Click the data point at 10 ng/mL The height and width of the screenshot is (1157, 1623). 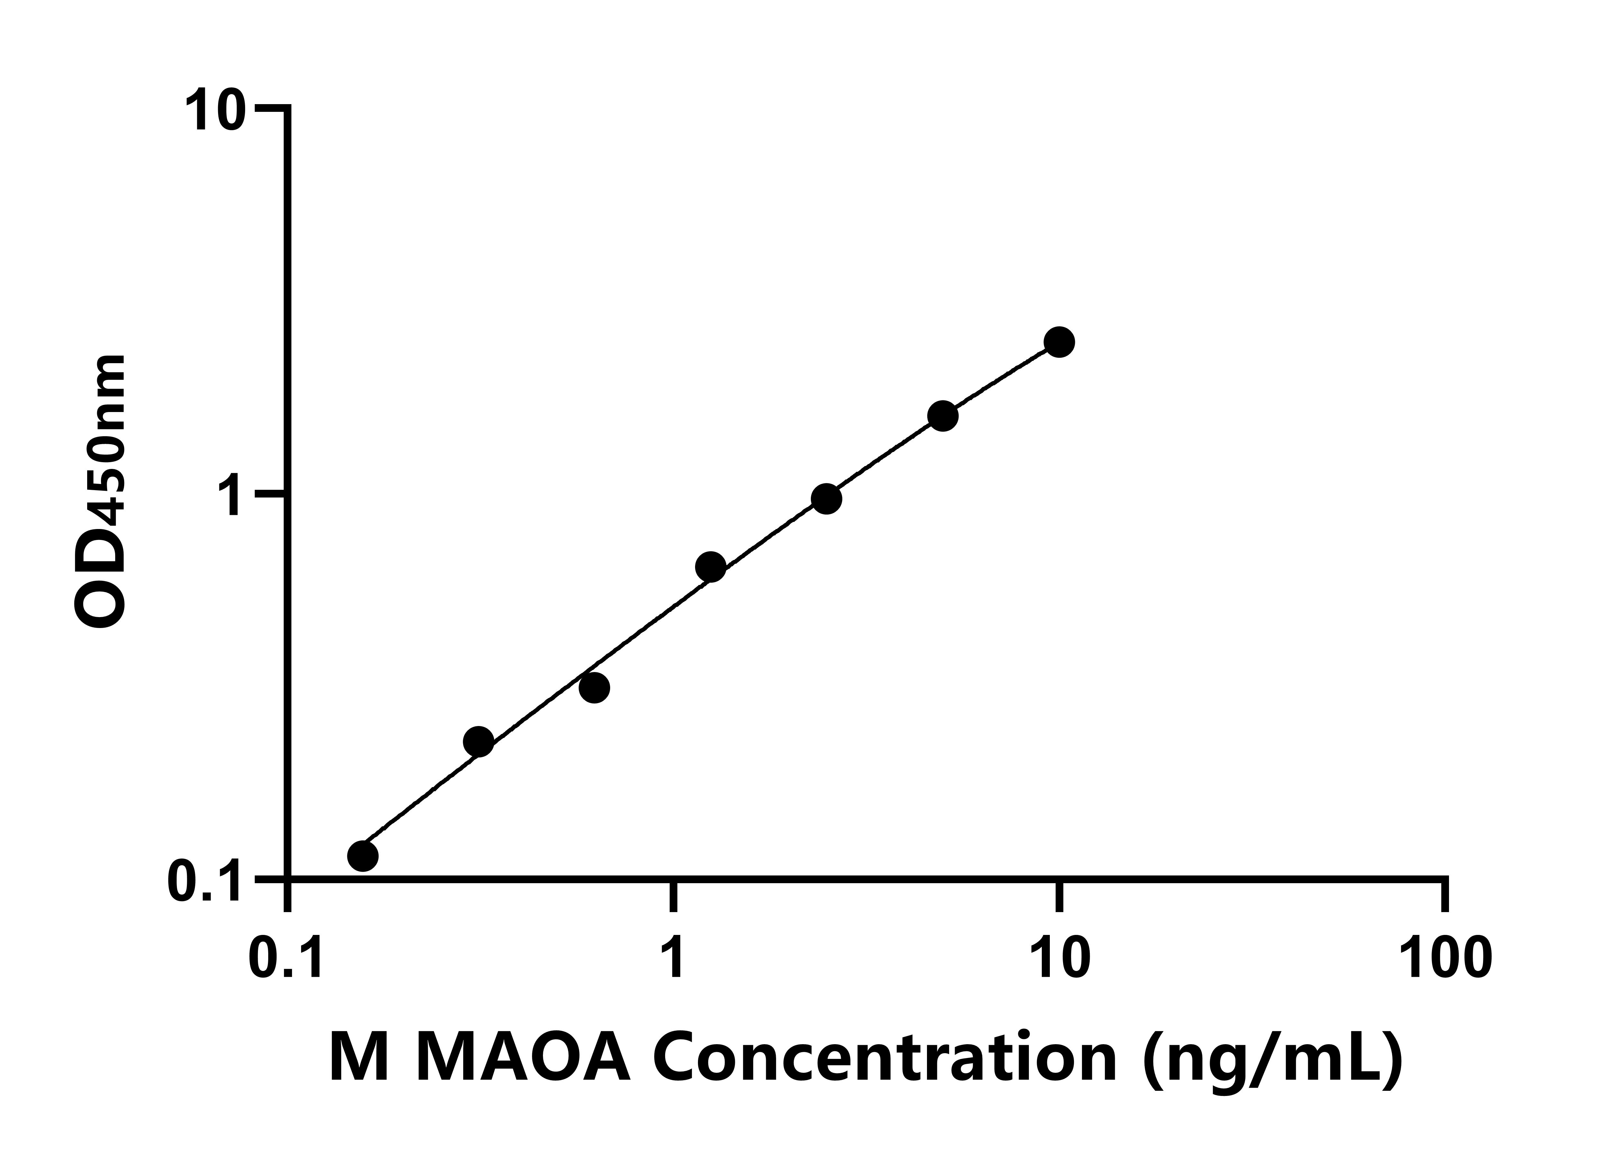pyautogui.click(x=1059, y=342)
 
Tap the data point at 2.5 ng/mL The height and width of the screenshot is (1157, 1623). pyautogui.click(x=826, y=499)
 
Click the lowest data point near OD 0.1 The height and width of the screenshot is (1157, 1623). pyautogui.click(x=363, y=856)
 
